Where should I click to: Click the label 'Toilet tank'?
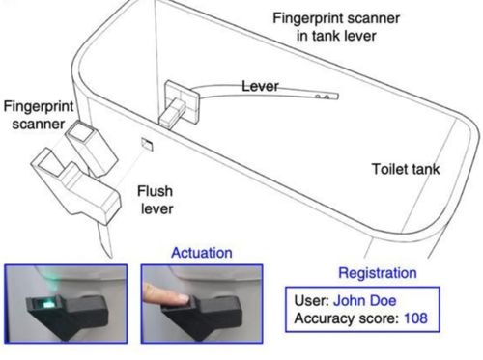click(x=406, y=169)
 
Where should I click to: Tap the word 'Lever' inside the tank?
click(x=260, y=86)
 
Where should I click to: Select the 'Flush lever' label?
click(x=156, y=200)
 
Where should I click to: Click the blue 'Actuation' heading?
click(x=202, y=253)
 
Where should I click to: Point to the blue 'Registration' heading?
click(x=378, y=273)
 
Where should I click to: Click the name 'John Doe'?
click(x=364, y=301)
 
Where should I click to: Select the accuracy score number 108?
click(x=415, y=318)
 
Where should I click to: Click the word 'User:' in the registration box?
click(x=311, y=301)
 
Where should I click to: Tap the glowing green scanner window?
click(x=47, y=303)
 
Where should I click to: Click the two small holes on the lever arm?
click(x=322, y=97)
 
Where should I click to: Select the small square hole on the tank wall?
click(x=147, y=144)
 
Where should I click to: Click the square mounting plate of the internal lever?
click(x=182, y=102)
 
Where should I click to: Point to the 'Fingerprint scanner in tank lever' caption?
click(x=336, y=27)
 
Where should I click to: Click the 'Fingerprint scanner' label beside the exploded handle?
click(x=39, y=115)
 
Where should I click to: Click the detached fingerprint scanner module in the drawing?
click(x=92, y=148)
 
